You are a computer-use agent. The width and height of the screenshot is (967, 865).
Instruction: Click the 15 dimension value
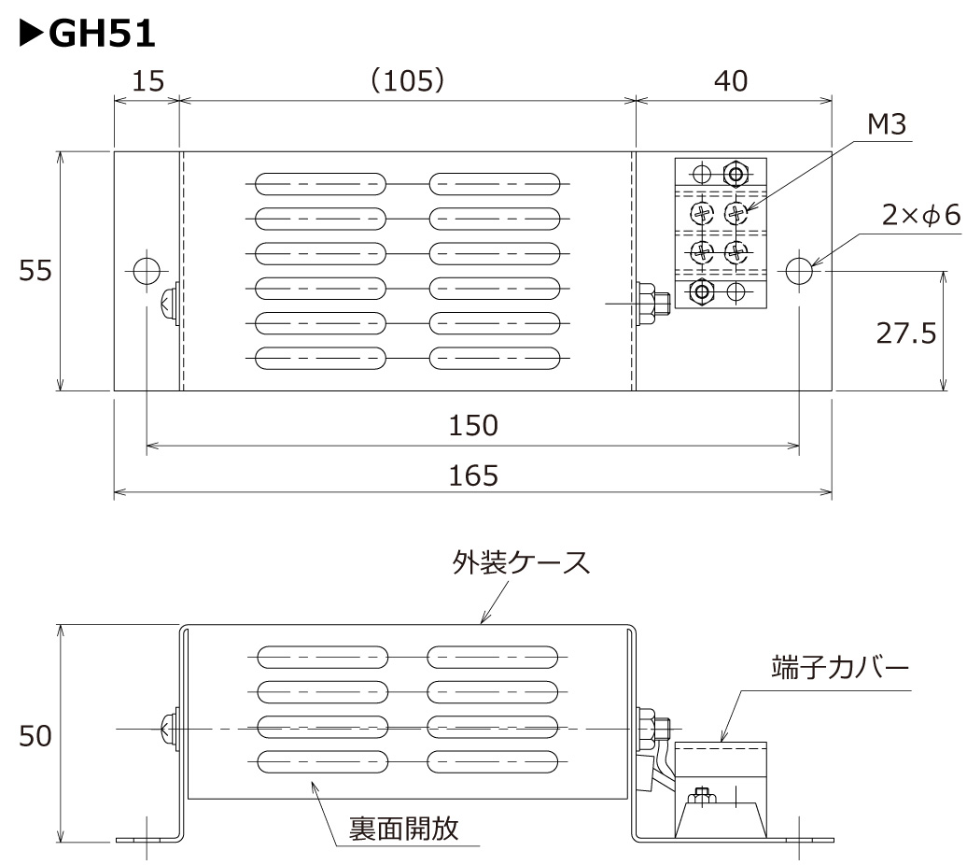point(146,82)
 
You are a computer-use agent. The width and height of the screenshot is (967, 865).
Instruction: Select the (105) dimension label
point(407,82)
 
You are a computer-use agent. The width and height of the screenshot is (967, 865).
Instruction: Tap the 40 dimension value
point(731,82)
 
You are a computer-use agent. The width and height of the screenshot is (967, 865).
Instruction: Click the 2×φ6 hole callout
point(920,217)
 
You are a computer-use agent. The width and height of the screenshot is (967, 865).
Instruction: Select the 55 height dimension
point(36,271)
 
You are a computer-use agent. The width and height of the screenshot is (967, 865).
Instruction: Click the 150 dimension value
point(472,426)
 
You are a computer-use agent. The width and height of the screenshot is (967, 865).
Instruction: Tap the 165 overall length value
point(472,475)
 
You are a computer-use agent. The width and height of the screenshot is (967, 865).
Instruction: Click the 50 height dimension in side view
point(35,736)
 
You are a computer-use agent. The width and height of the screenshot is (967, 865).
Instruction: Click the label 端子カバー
point(839,669)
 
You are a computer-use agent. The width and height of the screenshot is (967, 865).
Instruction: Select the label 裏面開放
point(404,828)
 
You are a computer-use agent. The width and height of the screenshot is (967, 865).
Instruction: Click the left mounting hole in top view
point(147,271)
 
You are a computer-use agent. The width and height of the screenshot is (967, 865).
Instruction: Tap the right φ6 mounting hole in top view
point(799,271)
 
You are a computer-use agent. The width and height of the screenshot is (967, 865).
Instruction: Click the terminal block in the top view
point(721,233)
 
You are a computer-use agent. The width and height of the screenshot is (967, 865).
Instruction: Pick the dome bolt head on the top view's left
point(169,304)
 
